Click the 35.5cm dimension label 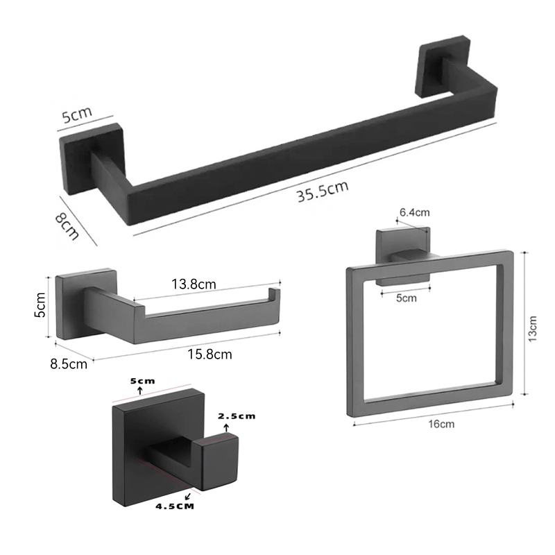point(323,191)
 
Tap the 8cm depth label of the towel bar point(67,227)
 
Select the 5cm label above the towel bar point(77,114)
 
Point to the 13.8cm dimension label point(194,284)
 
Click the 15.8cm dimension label point(210,354)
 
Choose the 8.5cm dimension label point(69,364)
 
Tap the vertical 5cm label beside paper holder point(40,305)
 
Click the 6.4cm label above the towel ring point(414,212)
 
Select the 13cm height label point(532,329)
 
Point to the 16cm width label point(441,424)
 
